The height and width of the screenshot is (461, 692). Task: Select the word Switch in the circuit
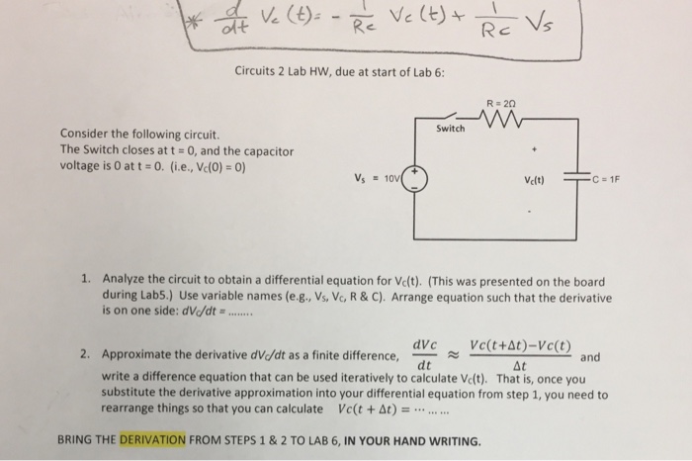click(450, 130)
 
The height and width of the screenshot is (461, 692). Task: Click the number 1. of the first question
click(87, 278)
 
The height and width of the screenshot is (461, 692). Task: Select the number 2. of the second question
click(87, 353)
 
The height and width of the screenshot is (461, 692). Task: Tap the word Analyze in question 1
click(124, 278)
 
